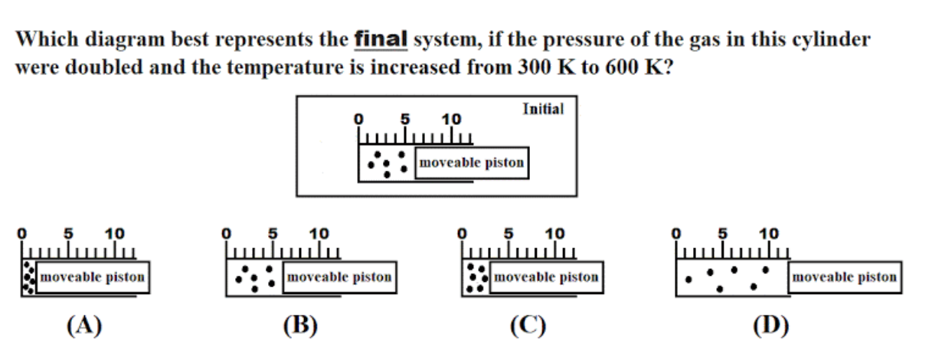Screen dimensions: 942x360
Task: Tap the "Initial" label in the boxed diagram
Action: coord(543,109)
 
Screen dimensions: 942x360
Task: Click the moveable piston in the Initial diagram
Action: coord(472,163)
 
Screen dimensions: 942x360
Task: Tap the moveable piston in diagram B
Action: coord(338,277)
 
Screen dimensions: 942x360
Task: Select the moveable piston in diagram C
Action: coord(545,277)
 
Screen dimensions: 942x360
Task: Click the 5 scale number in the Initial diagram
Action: coord(406,119)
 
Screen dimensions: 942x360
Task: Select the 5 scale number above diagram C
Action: coord(509,233)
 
